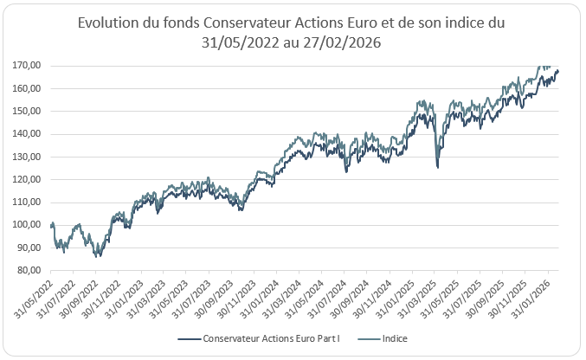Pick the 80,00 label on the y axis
(32, 270)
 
